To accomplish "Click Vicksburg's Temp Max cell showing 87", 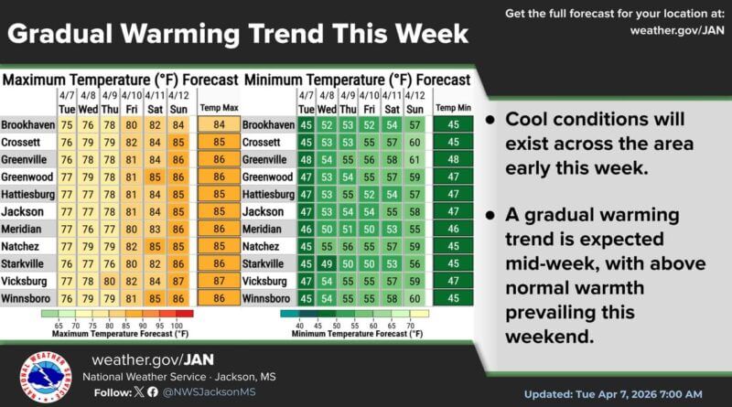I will click(x=219, y=280).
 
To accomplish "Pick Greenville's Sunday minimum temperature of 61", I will click(x=414, y=157).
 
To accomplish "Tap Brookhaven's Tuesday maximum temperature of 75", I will click(x=67, y=124).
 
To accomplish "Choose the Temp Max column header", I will click(x=219, y=106).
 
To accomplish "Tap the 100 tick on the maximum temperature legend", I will click(x=177, y=324).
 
